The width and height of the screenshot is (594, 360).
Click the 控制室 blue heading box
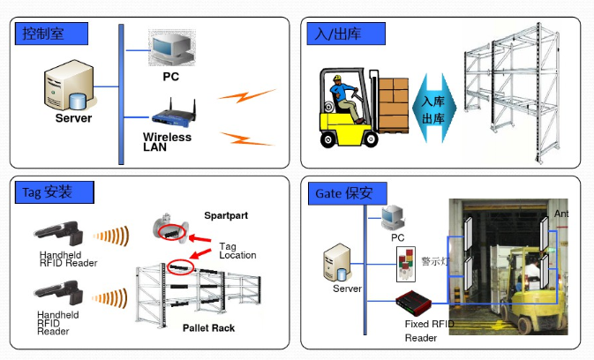51,34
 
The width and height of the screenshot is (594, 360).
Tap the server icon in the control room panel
70,86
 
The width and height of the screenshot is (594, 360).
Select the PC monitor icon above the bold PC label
172,48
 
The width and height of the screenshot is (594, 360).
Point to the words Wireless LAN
167,142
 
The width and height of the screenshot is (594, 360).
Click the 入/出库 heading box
346,34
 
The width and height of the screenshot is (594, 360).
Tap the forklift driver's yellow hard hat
337,79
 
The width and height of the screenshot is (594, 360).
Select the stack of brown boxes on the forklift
394,105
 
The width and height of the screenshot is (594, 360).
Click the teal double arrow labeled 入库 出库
434,109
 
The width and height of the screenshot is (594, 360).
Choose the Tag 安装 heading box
55,192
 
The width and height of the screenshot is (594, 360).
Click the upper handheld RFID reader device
59,232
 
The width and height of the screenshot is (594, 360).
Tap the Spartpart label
226,215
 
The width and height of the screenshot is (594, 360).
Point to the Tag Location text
237,251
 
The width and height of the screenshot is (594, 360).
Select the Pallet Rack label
208,328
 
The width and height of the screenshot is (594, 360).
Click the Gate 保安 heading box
348,193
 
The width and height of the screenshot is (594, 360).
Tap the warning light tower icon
406,264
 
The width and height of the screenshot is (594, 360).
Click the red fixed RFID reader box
414,303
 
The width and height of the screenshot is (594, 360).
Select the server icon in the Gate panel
337,262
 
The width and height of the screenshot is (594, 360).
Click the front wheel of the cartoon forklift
371,139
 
